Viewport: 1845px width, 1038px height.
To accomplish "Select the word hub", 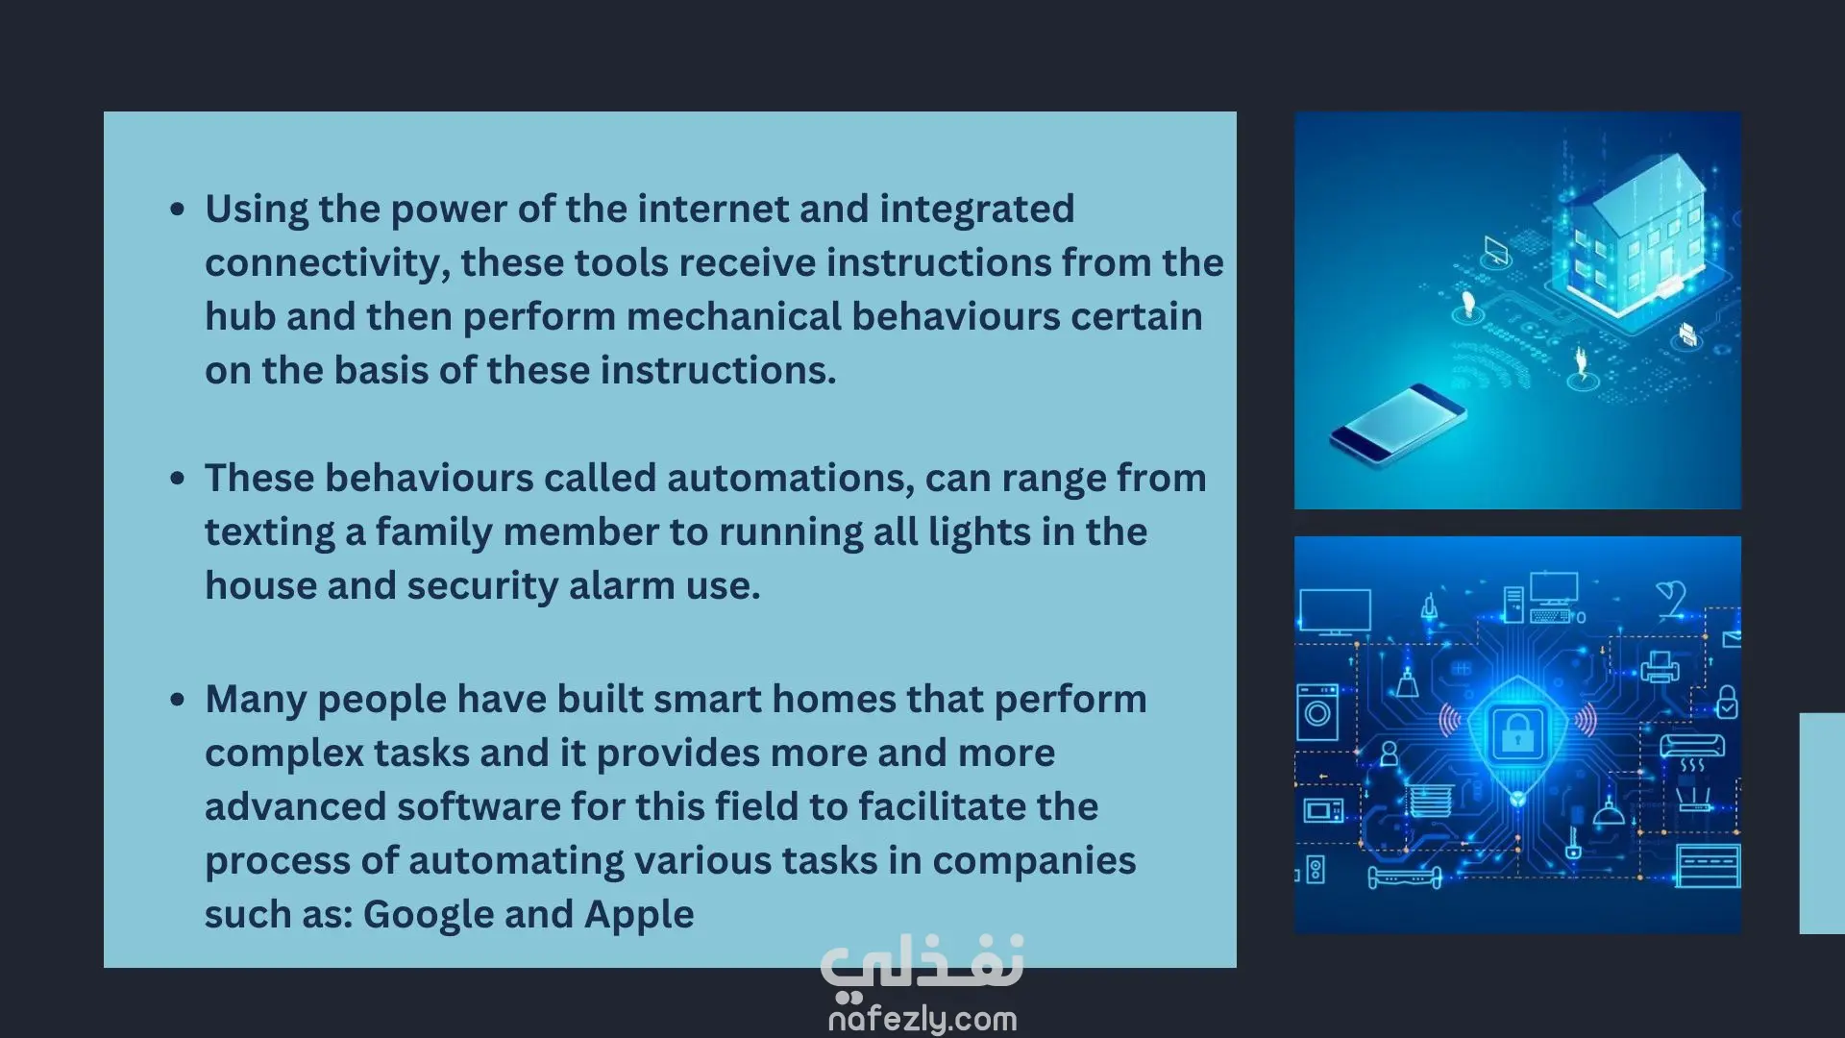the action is (x=240, y=316).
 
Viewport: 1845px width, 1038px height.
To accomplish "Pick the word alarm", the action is (x=621, y=586).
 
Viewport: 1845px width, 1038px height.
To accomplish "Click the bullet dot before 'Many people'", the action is (x=177, y=700).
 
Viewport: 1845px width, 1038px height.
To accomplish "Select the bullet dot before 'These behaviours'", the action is (x=177, y=479).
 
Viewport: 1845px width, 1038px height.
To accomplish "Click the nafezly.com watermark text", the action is (x=922, y=1019).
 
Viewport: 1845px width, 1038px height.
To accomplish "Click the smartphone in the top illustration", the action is (x=1398, y=422).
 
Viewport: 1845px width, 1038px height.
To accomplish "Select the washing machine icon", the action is (x=1317, y=712).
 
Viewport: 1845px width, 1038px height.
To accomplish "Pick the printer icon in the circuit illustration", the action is (x=1660, y=666).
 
